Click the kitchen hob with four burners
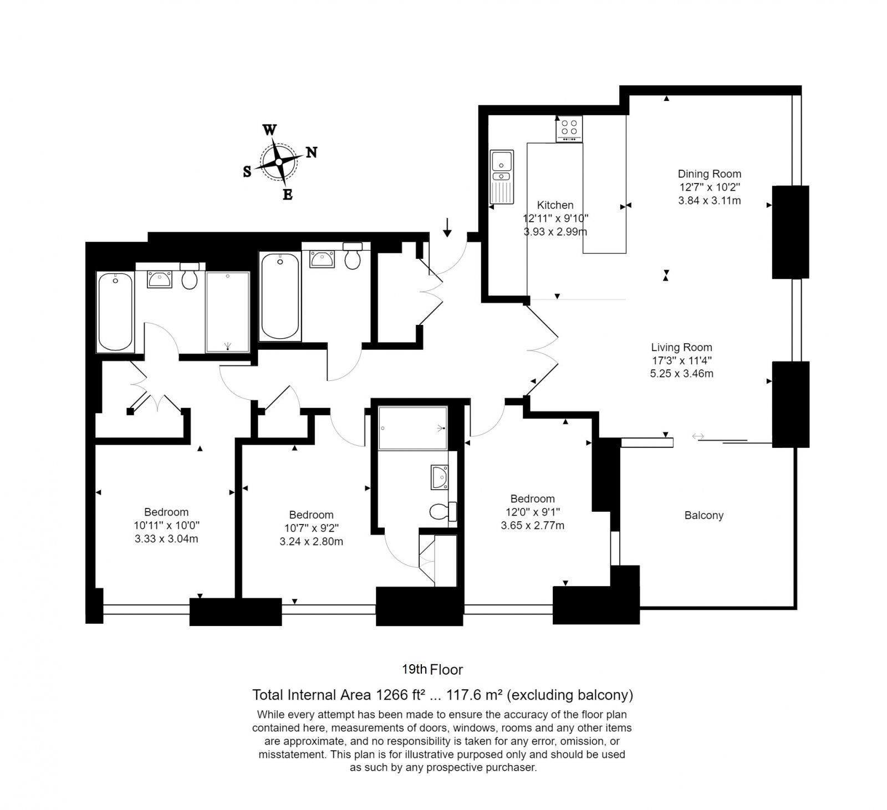[569, 129]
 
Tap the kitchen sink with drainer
[502, 177]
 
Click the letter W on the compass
[269, 130]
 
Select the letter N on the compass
[312, 152]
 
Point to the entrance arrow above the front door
[447, 226]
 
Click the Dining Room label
[710, 174]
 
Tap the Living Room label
[681, 348]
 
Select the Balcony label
[704, 516]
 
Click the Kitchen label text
[555, 205]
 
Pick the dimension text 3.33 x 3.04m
[166, 539]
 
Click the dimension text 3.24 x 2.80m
[311, 542]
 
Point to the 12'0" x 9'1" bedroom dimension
[533, 512]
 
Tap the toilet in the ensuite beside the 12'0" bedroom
[442, 511]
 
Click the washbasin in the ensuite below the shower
[440, 477]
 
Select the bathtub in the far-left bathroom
[115, 312]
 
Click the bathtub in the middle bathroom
[281, 297]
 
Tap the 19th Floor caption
[432, 670]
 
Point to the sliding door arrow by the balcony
[698, 437]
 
